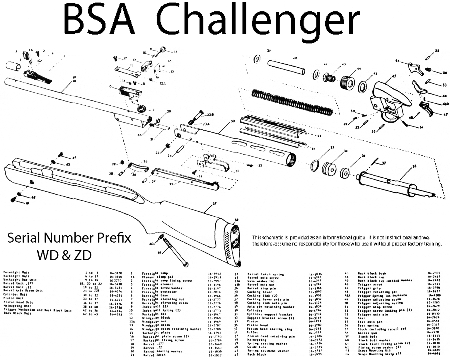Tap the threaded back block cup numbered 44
[347, 82]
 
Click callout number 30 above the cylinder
[233, 121]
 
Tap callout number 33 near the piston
[414, 167]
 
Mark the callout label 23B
[210, 114]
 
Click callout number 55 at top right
[437, 51]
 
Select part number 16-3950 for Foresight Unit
[116, 273]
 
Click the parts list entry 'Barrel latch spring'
[265, 274]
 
